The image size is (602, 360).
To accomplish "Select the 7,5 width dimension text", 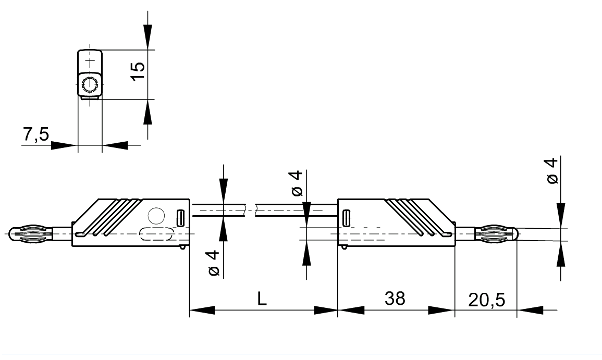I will click(x=35, y=135).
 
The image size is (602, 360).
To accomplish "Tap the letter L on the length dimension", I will click(x=262, y=299).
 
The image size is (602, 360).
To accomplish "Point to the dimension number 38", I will click(x=395, y=299).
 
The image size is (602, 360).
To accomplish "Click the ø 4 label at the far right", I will click(x=552, y=171).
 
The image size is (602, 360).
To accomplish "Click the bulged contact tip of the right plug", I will click(x=498, y=234).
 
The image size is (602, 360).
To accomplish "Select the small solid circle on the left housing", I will click(x=156, y=215).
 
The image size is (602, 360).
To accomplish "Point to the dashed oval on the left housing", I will click(x=156, y=234).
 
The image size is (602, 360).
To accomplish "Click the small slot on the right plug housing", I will click(x=346, y=218).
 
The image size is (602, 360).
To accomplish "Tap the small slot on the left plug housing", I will click(x=180, y=218).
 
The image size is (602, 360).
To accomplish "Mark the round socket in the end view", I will click(x=90, y=84).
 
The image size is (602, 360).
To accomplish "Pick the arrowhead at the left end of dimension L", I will click(x=201, y=311).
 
